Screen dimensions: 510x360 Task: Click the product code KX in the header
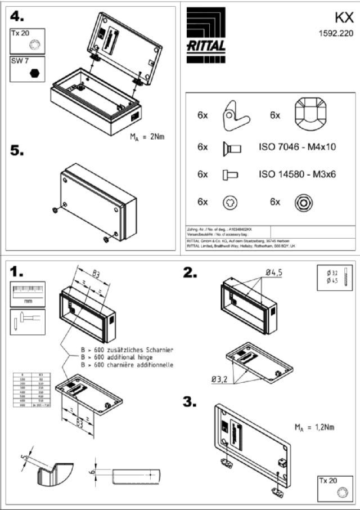point(343,16)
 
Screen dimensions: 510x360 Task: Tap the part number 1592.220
point(336,33)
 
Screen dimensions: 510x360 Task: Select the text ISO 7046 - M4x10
point(297,147)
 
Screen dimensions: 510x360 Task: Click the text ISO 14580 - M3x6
point(297,175)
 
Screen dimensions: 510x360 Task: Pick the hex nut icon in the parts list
point(303,202)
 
